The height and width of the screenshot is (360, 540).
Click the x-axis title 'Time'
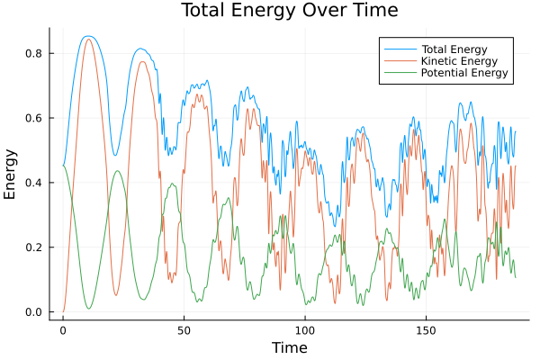click(x=290, y=347)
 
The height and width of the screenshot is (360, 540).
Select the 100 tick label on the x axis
click(x=305, y=330)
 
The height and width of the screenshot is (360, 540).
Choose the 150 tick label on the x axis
click(x=426, y=330)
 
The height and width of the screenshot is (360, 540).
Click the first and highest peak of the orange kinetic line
click(x=87, y=39)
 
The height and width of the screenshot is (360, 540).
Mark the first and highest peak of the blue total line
click(x=87, y=36)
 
